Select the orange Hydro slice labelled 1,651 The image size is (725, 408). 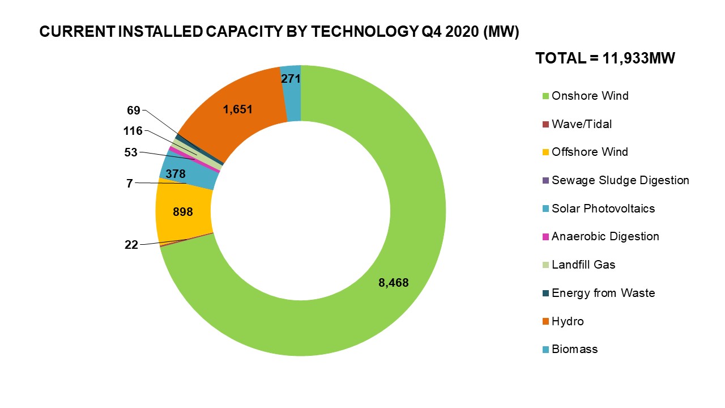[x=238, y=113]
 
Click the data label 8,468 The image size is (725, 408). [x=394, y=282]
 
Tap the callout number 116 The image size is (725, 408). [x=133, y=131]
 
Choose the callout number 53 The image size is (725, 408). [x=130, y=152]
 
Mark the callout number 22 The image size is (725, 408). [x=131, y=245]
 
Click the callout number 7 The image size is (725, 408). [x=130, y=184]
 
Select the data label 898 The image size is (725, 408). [x=183, y=212]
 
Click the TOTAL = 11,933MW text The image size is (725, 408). [x=605, y=58]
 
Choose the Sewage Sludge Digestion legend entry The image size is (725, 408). [x=620, y=180]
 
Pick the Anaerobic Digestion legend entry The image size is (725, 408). [x=605, y=236]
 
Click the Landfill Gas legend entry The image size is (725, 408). [x=583, y=265]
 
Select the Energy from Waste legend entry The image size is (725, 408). [x=603, y=293]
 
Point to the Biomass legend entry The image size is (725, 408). [x=574, y=349]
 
